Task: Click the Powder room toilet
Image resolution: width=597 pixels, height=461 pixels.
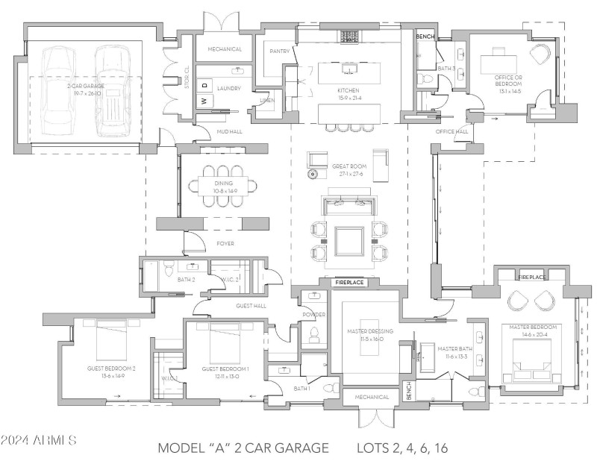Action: (x=313, y=336)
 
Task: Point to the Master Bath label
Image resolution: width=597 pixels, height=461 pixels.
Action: (x=452, y=348)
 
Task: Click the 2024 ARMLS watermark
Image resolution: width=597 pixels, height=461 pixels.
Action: (x=39, y=440)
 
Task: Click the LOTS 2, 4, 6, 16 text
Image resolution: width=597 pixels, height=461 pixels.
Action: (x=401, y=448)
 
